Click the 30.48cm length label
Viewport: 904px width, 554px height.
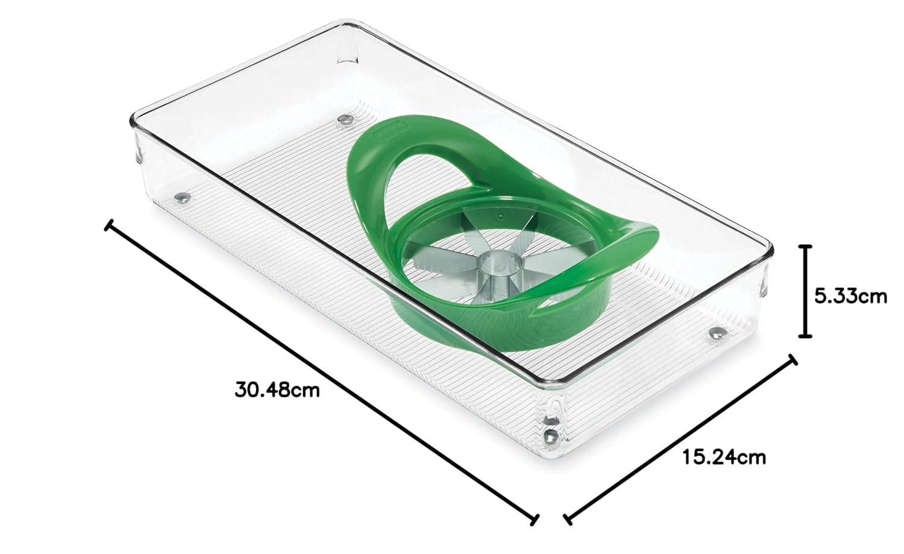[x=277, y=391]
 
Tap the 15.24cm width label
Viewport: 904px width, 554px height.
[x=724, y=458]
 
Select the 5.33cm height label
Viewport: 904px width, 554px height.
[x=850, y=297]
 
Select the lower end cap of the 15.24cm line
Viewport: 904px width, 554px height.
[x=568, y=519]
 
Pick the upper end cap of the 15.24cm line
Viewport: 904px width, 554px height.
[x=793, y=360]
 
